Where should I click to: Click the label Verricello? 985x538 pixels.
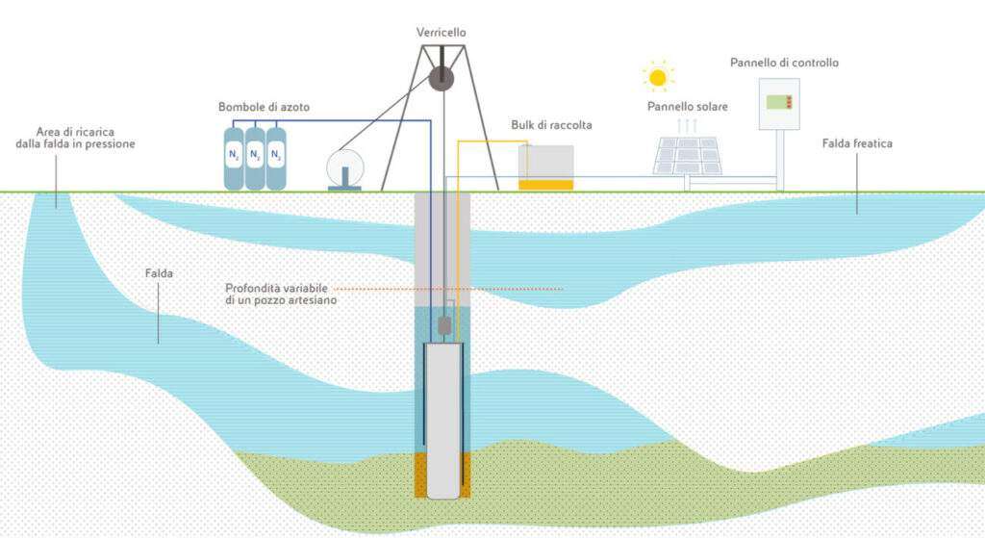pyautogui.click(x=442, y=33)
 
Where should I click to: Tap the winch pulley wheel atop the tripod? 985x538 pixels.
pyautogui.click(x=442, y=78)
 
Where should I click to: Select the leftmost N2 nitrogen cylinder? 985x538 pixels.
pyautogui.click(x=234, y=157)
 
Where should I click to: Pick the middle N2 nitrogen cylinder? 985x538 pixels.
pyautogui.click(x=255, y=157)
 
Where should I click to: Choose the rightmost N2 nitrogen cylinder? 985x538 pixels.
pyautogui.click(x=276, y=157)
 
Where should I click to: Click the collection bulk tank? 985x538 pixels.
pyautogui.click(x=545, y=167)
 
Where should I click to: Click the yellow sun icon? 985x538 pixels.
pyautogui.click(x=658, y=76)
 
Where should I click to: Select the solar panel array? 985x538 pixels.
pyautogui.click(x=688, y=155)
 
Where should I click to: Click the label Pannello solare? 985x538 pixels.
pyautogui.click(x=687, y=106)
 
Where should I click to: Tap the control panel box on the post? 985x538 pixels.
pyautogui.click(x=778, y=104)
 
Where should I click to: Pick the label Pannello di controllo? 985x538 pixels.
pyautogui.click(x=784, y=63)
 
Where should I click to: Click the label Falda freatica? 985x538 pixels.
pyautogui.click(x=858, y=143)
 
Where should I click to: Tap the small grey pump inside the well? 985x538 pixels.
pyautogui.click(x=445, y=326)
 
